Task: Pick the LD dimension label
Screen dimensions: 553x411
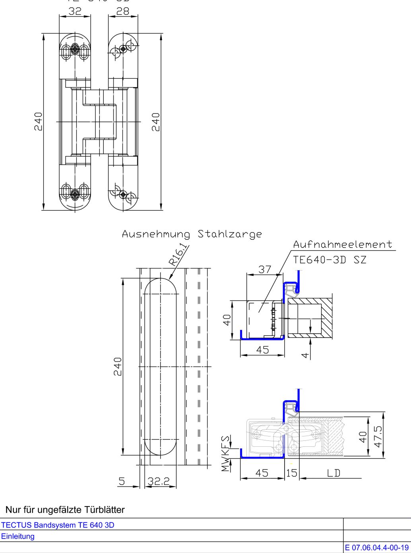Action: pos(333,473)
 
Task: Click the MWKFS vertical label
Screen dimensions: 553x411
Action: pos(226,454)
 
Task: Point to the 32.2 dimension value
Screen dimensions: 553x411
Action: pos(159,481)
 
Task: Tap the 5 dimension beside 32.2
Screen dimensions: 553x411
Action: pos(122,481)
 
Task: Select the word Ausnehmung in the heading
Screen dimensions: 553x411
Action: pos(156,234)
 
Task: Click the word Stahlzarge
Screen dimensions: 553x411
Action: pos(230,234)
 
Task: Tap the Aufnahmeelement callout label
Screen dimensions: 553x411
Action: pos(343,244)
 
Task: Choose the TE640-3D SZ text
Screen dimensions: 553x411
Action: pos(330,260)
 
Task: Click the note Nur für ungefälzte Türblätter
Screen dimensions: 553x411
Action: pos(65,510)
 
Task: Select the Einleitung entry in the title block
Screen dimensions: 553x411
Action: pos(18,536)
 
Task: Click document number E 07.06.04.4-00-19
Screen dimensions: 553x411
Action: pos(377,548)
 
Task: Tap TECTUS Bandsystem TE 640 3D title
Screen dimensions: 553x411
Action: pos(58,525)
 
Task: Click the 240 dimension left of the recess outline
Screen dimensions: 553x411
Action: pos(117,366)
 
